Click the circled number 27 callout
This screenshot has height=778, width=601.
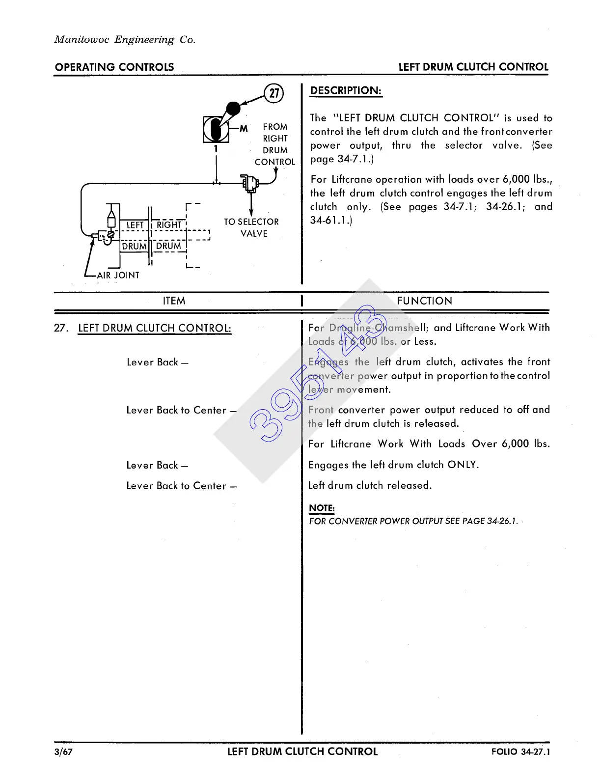[274, 93]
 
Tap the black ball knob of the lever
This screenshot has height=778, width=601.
[233, 109]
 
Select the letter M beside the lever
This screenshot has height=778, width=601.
[244, 129]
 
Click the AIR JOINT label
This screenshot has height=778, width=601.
[118, 276]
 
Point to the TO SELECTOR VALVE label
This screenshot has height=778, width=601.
[251, 228]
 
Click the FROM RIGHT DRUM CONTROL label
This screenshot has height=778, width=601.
[275, 144]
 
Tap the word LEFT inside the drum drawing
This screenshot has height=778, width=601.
[135, 225]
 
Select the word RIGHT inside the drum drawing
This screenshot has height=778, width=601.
[169, 225]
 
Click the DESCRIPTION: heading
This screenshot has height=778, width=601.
[346, 91]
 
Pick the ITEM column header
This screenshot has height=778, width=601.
[174, 301]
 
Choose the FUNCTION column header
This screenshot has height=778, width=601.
[424, 301]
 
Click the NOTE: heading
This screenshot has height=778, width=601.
[322, 508]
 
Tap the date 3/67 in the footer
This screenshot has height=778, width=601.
[64, 752]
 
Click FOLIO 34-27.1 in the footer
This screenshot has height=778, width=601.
[520, 752]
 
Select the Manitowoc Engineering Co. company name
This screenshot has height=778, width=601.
[125, 40]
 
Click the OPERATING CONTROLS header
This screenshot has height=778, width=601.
[114, 67]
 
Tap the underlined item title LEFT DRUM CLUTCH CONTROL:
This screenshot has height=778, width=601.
[155, 328]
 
